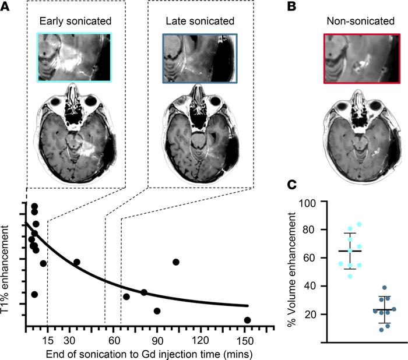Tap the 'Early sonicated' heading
(75, 22)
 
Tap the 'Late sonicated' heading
(198, 22)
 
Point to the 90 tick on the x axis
(157, 338)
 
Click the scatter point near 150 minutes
(248, 320)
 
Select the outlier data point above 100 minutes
(176, 262)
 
